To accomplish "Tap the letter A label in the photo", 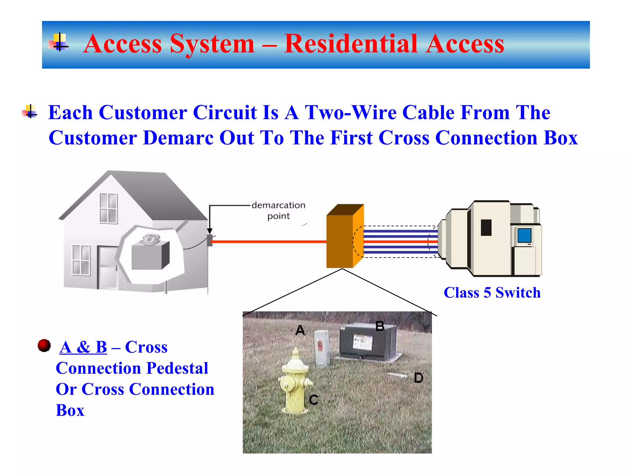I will pos(300,331).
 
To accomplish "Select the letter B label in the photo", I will pos(380,326).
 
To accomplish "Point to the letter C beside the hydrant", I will pos(314,400).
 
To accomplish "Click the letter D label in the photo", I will pos(418,378).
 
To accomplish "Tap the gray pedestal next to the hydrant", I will pos(322,349).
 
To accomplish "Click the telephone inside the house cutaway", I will pos(150,239).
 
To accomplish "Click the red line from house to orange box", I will pos(268,242).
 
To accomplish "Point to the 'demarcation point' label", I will pos(278,210).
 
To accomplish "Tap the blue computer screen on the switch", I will pos(524,235).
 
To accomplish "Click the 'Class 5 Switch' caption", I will pos(492,293).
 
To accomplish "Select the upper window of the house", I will pos(108,208).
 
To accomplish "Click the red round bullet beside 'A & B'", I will pos(44,345).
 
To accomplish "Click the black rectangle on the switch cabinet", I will pos(486,227).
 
